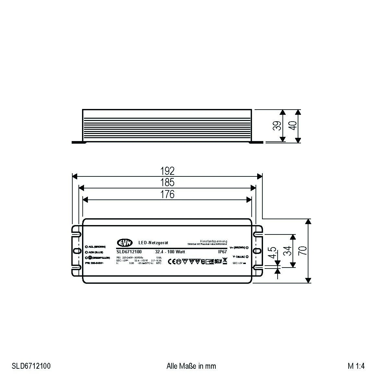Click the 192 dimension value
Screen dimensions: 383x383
(167, 171)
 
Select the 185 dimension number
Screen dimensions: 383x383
(167, 182)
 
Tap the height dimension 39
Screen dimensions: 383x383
(277, 126)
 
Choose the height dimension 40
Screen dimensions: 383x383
(293, 125)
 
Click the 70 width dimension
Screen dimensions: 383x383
(302, 250)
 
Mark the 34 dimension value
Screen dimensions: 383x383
(287, 251)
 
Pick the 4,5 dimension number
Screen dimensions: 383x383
(272, 253)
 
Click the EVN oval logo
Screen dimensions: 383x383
(125, 243)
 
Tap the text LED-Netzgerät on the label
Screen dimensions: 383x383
(153, 243)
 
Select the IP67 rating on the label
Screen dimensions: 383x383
(222, 252)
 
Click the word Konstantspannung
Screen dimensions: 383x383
(214, 241)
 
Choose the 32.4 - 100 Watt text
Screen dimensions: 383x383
(170, 252)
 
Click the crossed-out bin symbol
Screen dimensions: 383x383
(225, 261)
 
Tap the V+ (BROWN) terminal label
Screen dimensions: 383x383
(238, 247)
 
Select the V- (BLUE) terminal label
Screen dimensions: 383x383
(239, 257)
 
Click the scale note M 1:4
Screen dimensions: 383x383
(356, 366)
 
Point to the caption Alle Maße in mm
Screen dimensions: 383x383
(191, 366)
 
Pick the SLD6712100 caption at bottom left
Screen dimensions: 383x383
(31, 366)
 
